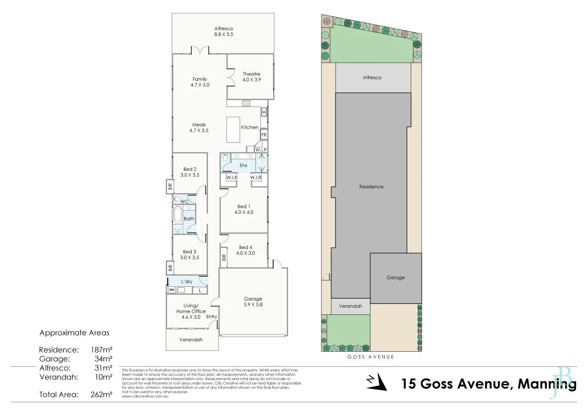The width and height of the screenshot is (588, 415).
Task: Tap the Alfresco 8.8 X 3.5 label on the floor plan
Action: [x=223, y=31]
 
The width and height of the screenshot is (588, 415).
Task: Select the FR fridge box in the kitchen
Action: [x=264, y=135]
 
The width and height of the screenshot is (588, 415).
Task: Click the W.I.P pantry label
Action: [x=261, y=150]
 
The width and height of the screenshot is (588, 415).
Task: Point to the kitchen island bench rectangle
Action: [x=233, y=130]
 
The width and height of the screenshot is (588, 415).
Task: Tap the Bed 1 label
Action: [x=244, y=209]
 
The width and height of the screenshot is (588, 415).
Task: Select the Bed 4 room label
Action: [x=245, y=250]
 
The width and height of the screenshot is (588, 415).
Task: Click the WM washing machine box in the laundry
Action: [x=171, y=290]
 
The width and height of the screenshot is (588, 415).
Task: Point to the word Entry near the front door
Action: [x=212, y=317]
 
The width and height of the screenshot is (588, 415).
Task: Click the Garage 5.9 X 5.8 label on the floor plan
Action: [x=253, y=302]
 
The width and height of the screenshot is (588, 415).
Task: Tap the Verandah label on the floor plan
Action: [x=191, y=340]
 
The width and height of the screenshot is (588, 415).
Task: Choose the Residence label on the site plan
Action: [x=371, y=187]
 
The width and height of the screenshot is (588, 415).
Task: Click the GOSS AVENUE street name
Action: [x=371, y=357]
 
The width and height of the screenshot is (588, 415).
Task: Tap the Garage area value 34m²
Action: [x=103, y=359]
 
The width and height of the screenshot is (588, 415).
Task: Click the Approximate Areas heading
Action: [x=74, y=333]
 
